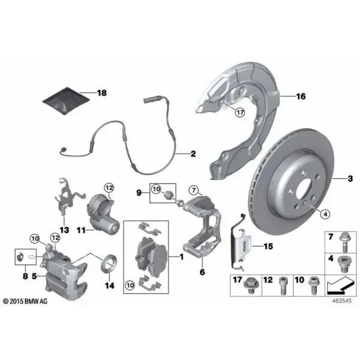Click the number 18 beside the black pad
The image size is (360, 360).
[102, 93]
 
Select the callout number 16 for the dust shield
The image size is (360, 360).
[301, 97]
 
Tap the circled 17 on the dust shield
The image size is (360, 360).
[240, 113]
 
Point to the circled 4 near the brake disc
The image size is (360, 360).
[325, 214]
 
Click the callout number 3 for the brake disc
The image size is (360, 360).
[350, 178]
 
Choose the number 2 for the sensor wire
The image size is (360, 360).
[193, 154]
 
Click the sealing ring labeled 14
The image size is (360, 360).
[109, 263]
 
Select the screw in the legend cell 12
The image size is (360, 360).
[283, 286]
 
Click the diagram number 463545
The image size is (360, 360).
[342, 301]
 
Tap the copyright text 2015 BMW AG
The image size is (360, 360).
[25, 301]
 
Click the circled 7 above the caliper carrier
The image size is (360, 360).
[194, 190]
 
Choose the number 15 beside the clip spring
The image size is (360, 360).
[268, 247]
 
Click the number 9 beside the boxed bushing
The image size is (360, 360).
[139, 193]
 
